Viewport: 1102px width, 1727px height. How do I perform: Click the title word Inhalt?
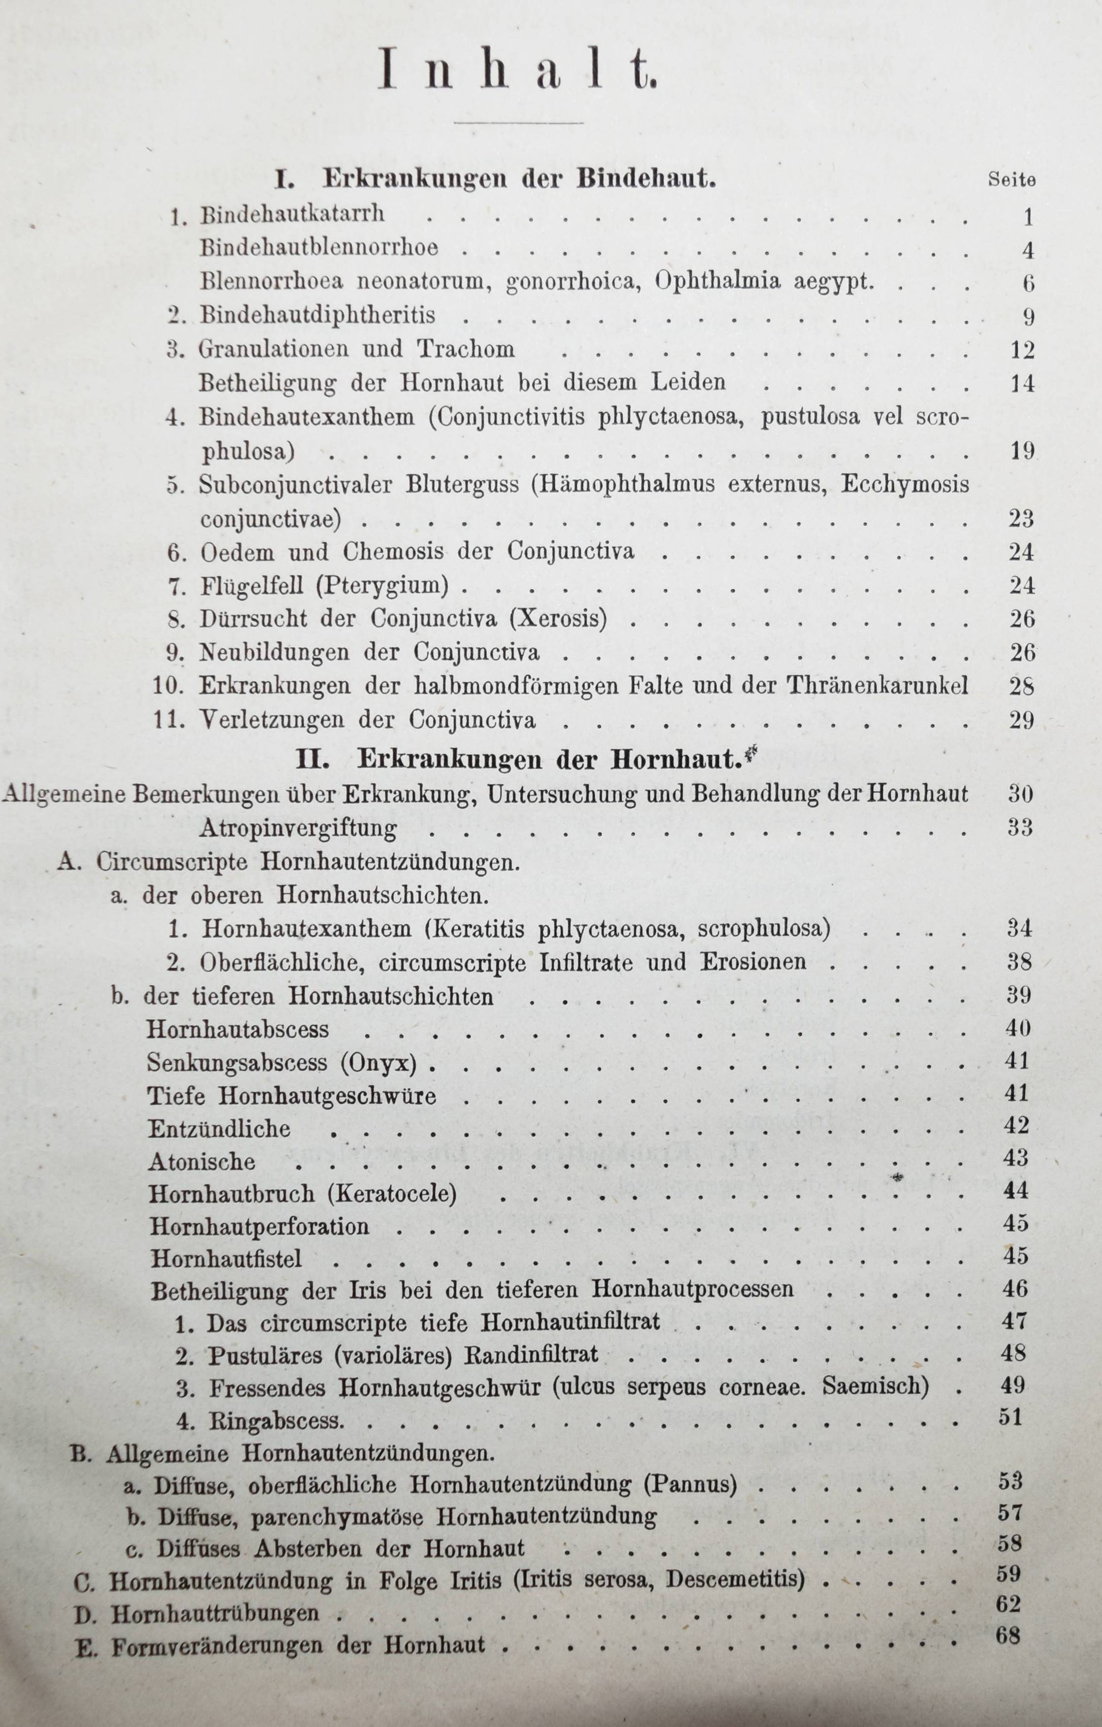point(517,69)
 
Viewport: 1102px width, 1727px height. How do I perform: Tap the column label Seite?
point(1011,180)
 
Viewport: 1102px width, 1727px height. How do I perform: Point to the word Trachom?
point(467,349)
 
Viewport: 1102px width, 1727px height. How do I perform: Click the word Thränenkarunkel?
point(877,685)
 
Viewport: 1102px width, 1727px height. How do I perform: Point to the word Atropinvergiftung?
point(298,828)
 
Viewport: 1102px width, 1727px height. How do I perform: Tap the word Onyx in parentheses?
point(389,1062)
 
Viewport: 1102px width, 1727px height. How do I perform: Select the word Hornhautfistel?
point(226,1259)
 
